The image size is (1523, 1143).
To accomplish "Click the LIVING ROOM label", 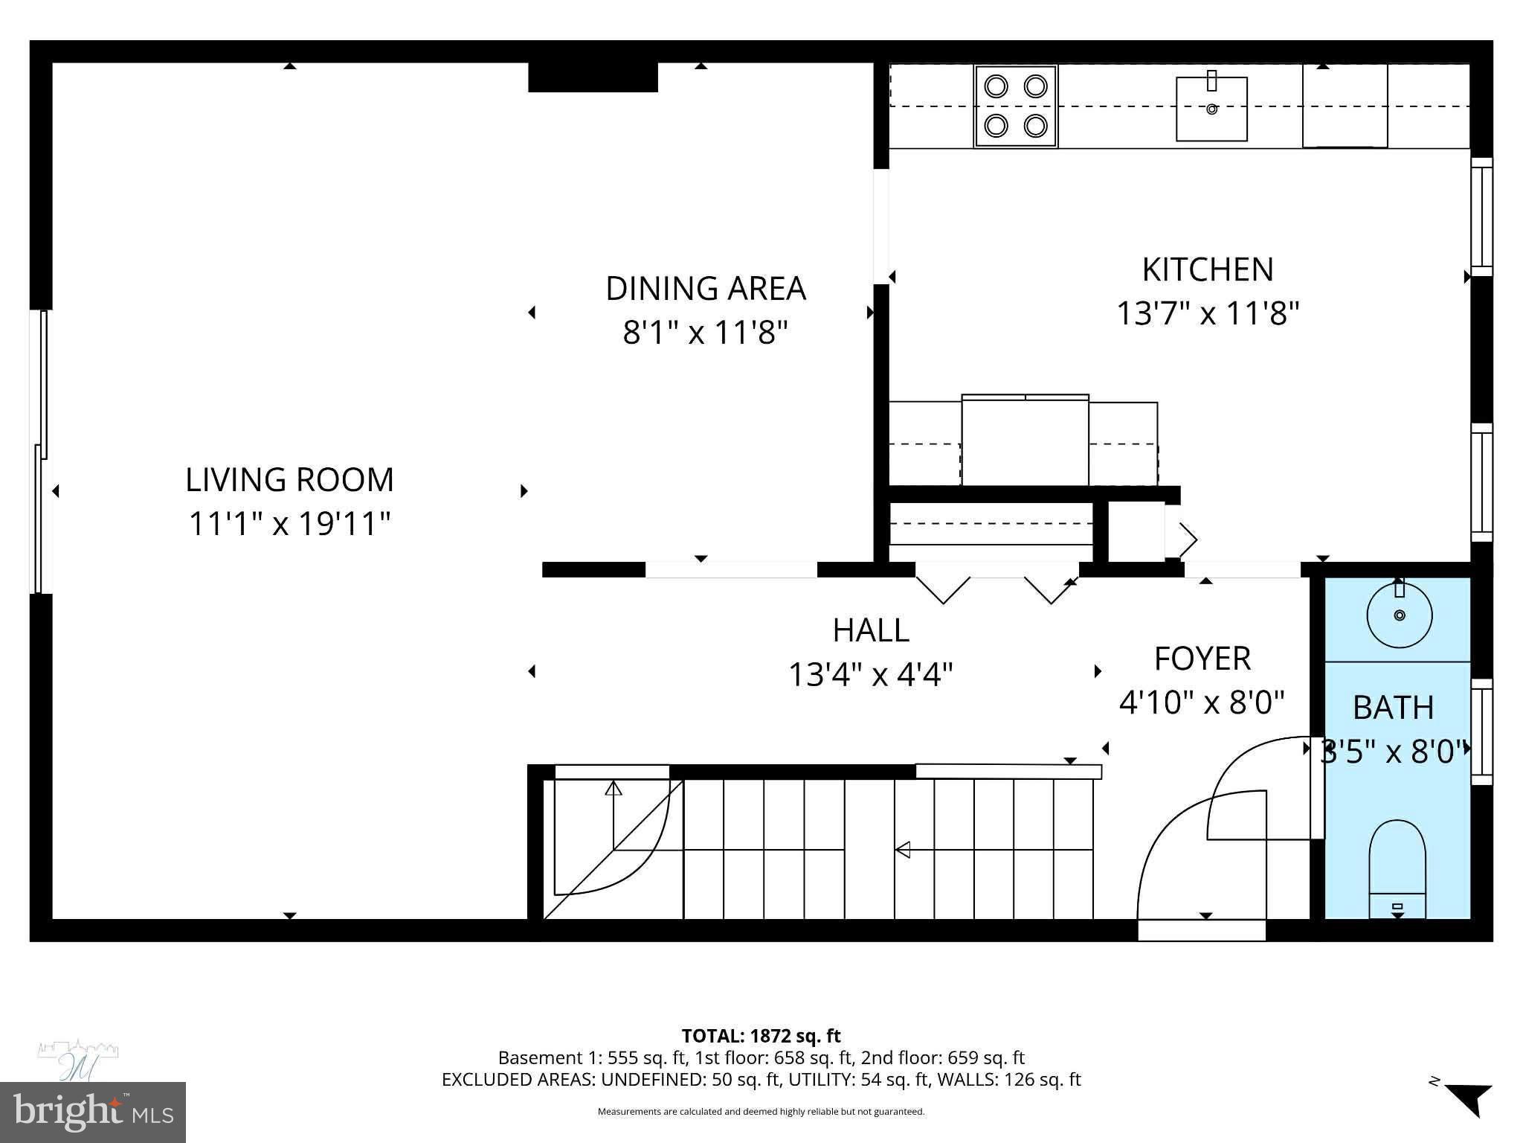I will [x=289, y=480].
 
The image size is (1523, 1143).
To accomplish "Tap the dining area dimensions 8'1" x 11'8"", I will [x=705, y=332].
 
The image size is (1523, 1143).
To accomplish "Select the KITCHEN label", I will [x=1207, y=269].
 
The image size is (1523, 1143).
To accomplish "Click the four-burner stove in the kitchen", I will [x=1015, y=106].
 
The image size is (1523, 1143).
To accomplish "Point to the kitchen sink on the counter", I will [x=1211, y=109].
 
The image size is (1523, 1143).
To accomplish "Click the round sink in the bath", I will [x=1399, y=615].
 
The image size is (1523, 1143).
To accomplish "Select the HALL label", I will [x=870, y=630].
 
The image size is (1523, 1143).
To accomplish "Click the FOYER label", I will [x=1202, y=659].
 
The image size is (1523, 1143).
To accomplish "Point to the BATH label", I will [x=1393, y=708].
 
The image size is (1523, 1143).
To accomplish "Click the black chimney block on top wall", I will [x=593, y=77].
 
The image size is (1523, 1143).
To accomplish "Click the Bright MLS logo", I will [x=93, y=1112].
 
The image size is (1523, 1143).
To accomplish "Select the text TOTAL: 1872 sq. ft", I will [x=761, y=1036].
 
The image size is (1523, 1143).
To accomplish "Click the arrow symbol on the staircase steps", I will [x=903, y=849].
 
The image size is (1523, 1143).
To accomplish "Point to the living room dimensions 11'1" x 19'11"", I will [x=289, y=524].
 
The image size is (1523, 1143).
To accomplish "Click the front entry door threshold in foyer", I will [x=1202, y=930].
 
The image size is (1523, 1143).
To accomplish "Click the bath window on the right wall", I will [x=1481, y=732].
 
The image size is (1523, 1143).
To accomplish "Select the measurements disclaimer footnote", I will [x=761, y=1112].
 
